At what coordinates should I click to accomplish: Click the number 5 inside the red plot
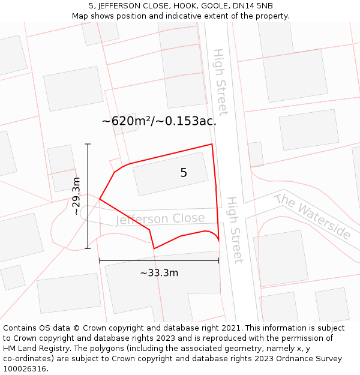(x=184, y=173)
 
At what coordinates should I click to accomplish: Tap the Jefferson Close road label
(x=160, y=219)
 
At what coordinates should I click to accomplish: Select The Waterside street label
(x=312, y=215)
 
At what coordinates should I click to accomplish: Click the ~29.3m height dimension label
(x=76, y=196)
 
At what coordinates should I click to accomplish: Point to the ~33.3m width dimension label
(x=159, y=273)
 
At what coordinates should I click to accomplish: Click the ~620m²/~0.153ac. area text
(x=159, y=121)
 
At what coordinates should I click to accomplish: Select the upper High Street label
(x=220, y=82)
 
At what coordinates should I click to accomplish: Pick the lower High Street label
(x=233, y=229)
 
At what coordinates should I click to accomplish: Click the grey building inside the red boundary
(x=170, y=173)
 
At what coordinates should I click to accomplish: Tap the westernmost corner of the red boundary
(x=100, y=199)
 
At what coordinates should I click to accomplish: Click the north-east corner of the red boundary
(x=212, y=144)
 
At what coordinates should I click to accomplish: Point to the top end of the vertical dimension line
(x=88, y=144)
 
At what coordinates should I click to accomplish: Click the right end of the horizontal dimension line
(x=218, y=260)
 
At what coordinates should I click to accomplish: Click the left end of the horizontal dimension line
(x=100, y=260)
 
